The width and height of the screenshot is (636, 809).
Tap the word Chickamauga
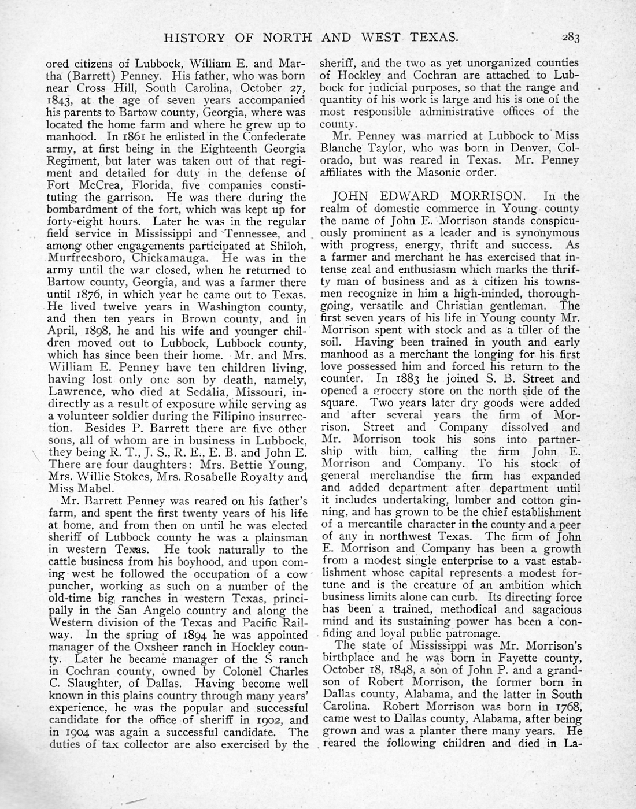(x=167, y=258)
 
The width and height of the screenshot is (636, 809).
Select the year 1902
(x=272, y=720)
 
